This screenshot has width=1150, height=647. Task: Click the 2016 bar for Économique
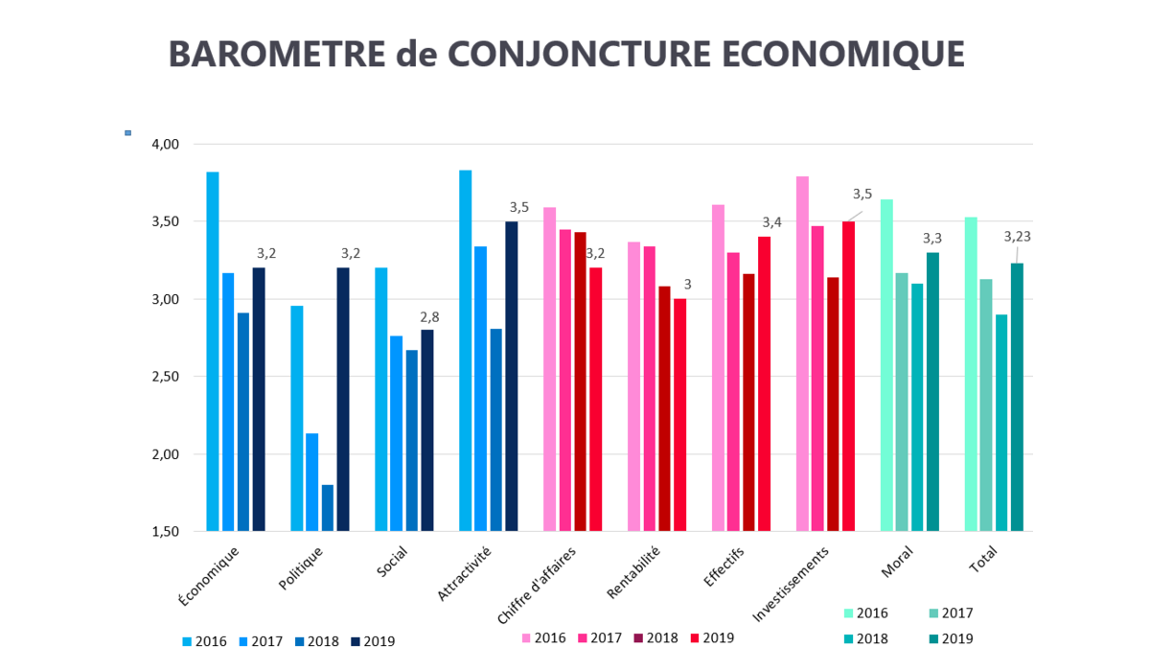(213, 351)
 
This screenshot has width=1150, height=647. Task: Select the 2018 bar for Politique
(328, 508)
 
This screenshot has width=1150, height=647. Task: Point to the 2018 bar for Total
(1001, 422)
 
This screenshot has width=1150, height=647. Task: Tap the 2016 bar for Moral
(886, 364)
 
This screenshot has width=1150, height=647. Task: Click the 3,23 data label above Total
(1017, 237)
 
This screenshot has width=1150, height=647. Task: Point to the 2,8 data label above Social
(427, 317)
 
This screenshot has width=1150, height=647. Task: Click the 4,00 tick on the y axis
(166, 144)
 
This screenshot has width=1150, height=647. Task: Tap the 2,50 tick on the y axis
(166, 377)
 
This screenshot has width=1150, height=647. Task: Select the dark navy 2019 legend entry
(374, 641)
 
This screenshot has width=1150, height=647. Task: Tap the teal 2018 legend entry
(866, 638)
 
